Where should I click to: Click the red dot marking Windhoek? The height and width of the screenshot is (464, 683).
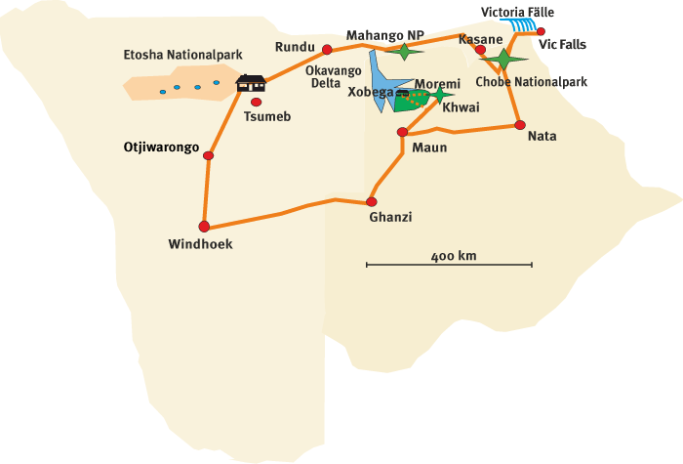coord(204,226)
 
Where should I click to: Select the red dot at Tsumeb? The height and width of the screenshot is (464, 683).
coord(257,102)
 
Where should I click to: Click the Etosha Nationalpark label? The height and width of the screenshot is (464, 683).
coord(181,55)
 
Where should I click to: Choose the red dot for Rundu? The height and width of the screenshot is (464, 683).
coord(327,50)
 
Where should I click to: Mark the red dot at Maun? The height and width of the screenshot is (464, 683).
coord(401,133)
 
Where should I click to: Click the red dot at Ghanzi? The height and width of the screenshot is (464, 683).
coord(371,202)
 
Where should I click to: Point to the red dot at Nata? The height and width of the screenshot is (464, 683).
coord(520,124)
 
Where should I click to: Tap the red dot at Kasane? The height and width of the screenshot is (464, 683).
coord(480,48)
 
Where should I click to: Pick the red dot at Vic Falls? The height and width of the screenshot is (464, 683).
coord(541,31)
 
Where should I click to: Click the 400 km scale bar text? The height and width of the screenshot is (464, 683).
coord(453,256)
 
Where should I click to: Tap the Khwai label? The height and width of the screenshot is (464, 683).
coord(462,107)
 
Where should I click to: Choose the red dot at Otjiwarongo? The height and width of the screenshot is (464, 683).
coord(208,154)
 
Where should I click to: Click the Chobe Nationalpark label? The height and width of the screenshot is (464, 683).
coord(532,83)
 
